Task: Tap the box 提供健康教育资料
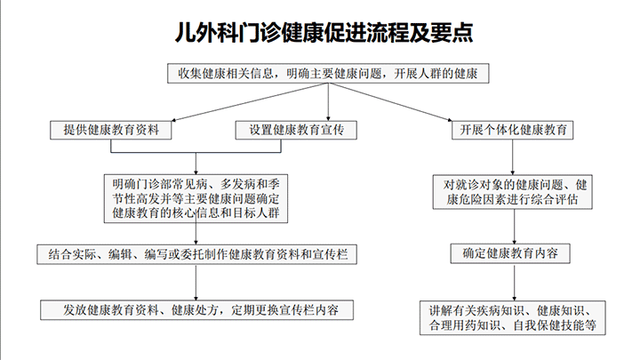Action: coord(111,130)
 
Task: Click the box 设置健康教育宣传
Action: coord(297,130)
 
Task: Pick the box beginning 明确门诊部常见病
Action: coord(196,198)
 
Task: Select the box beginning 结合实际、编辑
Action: coord(197,254)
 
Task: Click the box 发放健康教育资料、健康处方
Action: coord(197,310)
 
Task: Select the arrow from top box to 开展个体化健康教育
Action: coord(427,103)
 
